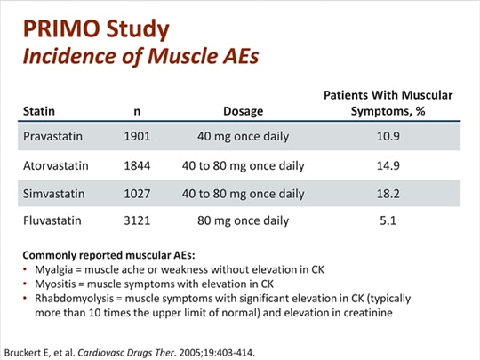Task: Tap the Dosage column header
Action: click(243, 112)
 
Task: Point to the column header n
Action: click(137, 112)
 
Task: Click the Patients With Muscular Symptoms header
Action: click(388, 103)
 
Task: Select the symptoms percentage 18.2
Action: click(388, 193)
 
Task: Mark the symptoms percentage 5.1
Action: click(388, 220)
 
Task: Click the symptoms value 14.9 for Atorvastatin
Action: click(388, 165)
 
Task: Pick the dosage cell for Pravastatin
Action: click(243, 138)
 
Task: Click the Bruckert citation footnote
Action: click(132, 350)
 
